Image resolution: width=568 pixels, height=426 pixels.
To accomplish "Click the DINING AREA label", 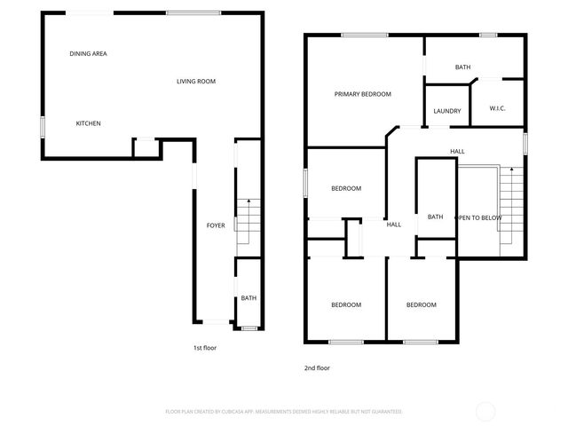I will tap(89, 54).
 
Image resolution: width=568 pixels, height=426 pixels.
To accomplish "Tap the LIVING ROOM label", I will tap(196, 82).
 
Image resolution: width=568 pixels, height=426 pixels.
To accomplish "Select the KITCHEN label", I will tap(88, 123).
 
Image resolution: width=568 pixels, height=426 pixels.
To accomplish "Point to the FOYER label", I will tap(216, 226).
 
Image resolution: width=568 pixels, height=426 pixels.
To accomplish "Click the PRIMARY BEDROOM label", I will tap(362, 94).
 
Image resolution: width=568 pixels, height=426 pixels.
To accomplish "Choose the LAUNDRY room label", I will tap(447, 111).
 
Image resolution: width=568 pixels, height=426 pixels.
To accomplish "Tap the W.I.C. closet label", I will tap(497, 108).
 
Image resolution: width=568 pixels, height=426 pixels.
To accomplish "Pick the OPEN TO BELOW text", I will tap(479, 217).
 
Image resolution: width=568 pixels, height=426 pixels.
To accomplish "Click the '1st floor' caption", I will tap(205, 348).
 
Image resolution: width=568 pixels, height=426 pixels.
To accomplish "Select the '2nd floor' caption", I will tap(317, 367).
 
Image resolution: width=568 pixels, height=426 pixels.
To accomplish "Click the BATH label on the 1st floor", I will tap(248, 298).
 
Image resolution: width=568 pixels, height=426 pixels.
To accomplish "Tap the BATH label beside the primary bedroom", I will tap(462, 67).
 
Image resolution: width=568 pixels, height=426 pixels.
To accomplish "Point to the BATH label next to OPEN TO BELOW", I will tap(435, 217).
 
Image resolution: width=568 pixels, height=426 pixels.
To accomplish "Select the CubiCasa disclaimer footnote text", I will tap(284, 412).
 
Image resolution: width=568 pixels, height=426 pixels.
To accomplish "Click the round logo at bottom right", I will tap(485, 411).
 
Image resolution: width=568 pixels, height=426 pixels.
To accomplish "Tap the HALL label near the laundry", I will tap(457, 152).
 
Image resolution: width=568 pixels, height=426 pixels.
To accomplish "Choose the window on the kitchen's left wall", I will tap(42, 126).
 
